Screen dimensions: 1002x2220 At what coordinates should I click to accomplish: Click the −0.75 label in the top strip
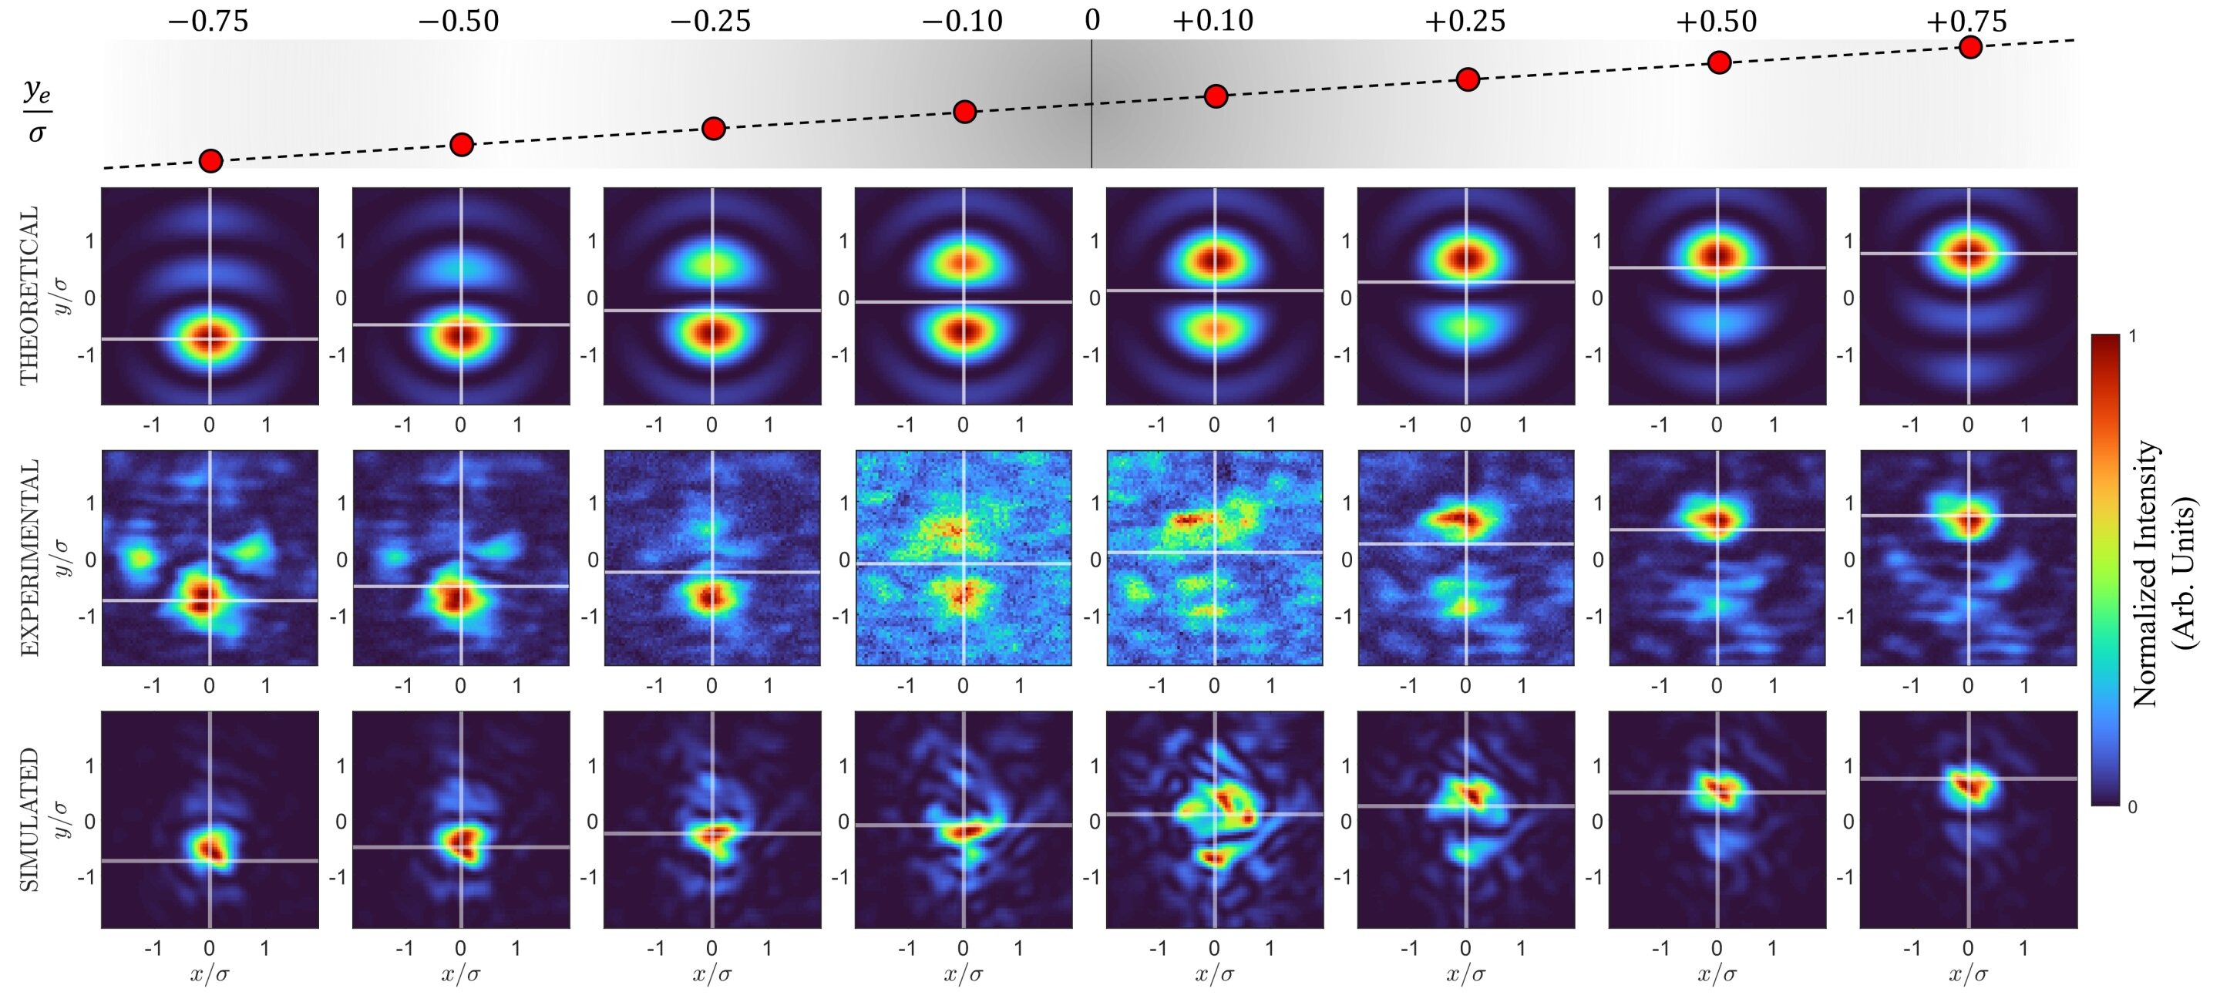(x=209, y=21)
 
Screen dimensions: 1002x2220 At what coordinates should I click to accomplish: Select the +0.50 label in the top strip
(x=1716, y=21)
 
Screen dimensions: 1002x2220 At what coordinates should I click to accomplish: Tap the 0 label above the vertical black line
(x=1092, y=19)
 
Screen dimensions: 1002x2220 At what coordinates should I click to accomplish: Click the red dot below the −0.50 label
(x=462, y=144)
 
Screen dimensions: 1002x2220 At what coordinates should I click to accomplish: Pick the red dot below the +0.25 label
(x=1468, y=79)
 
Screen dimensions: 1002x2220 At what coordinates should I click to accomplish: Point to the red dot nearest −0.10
(x=964, y=111)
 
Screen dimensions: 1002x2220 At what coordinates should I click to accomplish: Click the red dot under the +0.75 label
(x=1969, y=46)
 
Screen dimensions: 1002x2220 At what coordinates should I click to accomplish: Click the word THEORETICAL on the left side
(x=29, y=294)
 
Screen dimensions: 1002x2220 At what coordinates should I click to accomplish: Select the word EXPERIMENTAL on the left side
(x=29, y=557)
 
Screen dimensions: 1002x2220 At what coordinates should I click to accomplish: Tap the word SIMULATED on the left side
(x=29, y=819)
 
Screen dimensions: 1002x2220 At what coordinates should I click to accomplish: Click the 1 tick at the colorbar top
(x=2133, y=335)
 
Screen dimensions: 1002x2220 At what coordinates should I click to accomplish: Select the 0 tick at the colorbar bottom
(x=2133, y=806)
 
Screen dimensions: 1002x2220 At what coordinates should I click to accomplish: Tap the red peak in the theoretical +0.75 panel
(x=1969, y=254)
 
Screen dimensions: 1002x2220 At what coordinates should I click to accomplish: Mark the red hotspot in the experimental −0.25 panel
(x=710, y=597)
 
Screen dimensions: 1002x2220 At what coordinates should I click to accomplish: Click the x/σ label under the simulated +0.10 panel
(x=1213, y=974)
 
